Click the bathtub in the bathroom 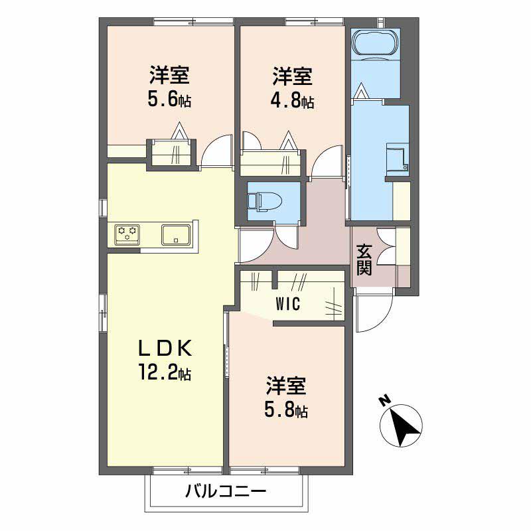375,43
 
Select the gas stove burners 127,234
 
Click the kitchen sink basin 175,234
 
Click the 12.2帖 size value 165,374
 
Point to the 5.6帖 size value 170,101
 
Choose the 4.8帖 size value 293,102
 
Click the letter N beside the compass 384,400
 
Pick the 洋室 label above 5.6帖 169,75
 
